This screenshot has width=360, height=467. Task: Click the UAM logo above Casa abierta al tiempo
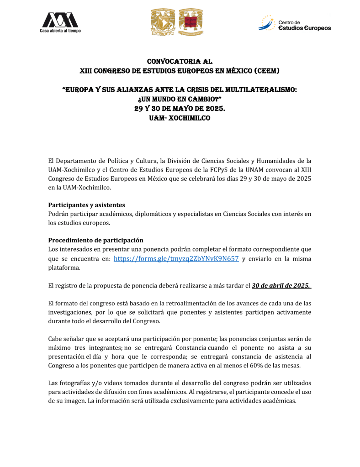pos(60,20)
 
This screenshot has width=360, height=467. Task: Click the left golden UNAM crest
pos(163,22)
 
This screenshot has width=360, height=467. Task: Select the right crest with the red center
pos(191,22)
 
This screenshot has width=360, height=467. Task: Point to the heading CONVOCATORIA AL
pos(180,61)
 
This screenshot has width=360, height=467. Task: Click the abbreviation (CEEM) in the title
pos(264,71)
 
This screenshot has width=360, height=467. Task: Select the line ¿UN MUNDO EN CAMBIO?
pos(180,100)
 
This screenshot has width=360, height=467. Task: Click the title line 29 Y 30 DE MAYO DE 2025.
pos(180,109)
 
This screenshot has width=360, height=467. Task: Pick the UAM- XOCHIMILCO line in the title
pos(180,118)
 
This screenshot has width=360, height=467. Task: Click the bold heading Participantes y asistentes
pos(87,205)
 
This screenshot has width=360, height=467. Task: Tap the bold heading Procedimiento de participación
pos(96,240)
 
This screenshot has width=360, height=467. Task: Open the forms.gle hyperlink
pos(176,258)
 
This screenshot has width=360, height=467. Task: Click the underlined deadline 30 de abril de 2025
pos(281,286)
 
